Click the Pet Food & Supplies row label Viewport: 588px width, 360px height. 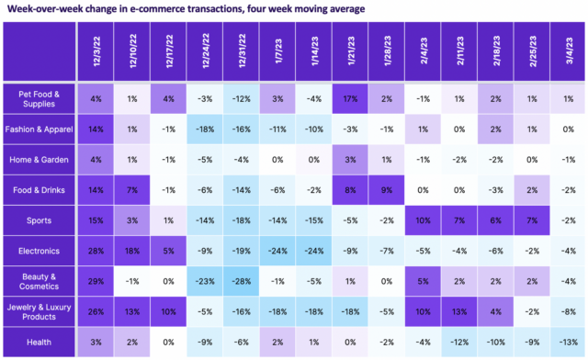[39, 98]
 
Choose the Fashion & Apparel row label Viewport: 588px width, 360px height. [39, 129]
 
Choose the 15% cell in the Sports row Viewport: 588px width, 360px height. [95, 219]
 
